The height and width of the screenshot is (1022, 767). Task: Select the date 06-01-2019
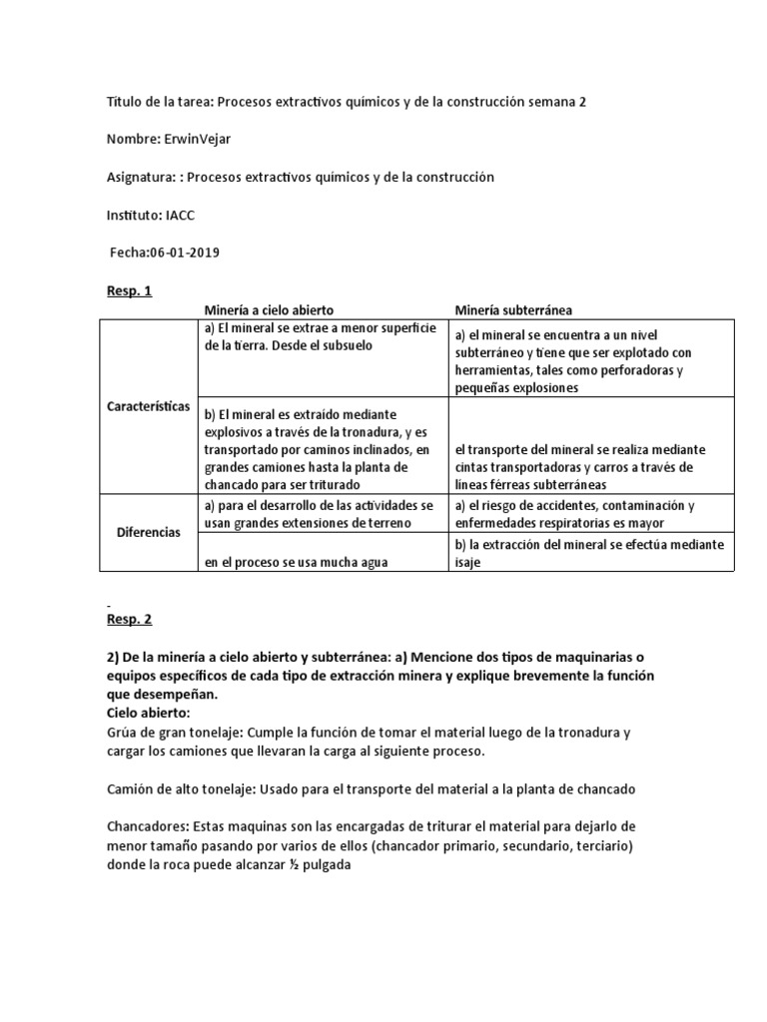tap(185, 253)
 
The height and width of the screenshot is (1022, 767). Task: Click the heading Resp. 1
tap(129, 290)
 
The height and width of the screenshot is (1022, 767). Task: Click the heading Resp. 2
tap(129, 619)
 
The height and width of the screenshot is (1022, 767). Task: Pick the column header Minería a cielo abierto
tap(269, 310)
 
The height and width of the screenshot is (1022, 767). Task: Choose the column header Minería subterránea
tap(513, 310)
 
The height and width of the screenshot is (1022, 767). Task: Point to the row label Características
tap(149, 407)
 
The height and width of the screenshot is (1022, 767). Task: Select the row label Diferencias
tap(149, 532)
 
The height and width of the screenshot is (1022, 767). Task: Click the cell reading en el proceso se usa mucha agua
tap(296, 562)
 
